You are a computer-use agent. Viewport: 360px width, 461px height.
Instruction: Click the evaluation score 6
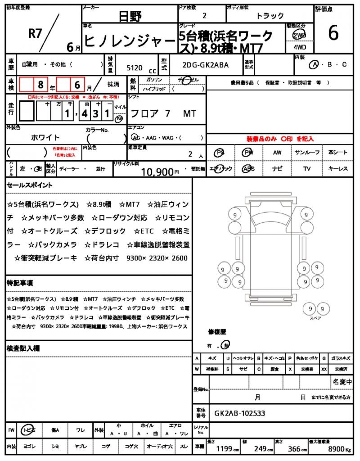pos(333,34)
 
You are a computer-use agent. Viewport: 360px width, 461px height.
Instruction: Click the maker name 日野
pos(130,17)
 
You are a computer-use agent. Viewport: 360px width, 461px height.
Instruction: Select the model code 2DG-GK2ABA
pos(206,65)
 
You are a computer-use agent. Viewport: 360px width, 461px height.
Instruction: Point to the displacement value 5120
pos(135,68)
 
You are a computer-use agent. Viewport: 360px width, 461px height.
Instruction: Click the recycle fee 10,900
pos(157,172)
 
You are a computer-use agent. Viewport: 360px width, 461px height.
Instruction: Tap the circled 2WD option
pos(298,35)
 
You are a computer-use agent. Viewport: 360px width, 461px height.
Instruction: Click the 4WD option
pos(298,46)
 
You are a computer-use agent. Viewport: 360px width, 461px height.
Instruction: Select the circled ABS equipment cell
pos(248,169)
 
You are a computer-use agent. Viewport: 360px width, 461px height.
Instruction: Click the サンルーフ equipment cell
pos(307,153)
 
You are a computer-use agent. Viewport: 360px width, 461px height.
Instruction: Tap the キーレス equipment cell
pos(337,169)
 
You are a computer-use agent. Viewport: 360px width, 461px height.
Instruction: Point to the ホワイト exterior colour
pos(45,137)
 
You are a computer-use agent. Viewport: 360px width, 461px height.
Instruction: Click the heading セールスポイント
pos(29,185)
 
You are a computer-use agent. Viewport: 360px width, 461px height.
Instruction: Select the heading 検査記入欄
pos(23,348)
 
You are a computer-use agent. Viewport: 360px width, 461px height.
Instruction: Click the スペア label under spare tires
pos(315,318)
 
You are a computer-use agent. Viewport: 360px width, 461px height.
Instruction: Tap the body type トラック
pos(270,16)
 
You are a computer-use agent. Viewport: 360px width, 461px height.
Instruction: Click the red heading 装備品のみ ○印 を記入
pos(280,139)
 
